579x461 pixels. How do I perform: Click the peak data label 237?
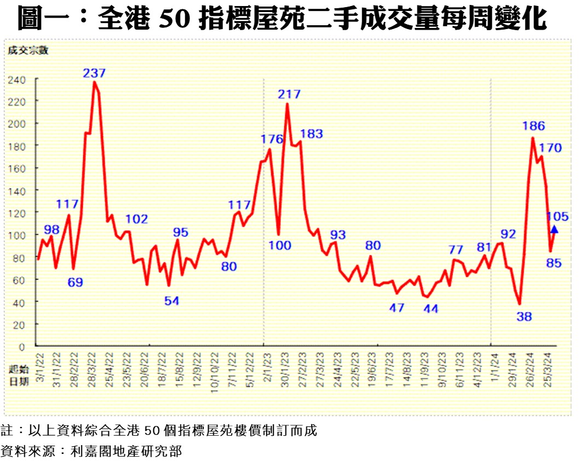click(x=95, y=73)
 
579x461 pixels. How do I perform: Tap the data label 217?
click(x=289, y=94)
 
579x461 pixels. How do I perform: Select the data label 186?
click(x=534, y=126)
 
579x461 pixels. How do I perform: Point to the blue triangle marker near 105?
click(x=554, y=229)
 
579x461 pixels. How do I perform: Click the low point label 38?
click(x=524, y=316)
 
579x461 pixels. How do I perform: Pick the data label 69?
click(x=75, y=283)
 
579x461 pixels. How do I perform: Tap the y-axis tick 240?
click(x=17, y=79)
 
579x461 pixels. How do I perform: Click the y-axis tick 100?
click(x=17, y=235)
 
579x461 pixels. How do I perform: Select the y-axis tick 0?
click(x=22, y=347)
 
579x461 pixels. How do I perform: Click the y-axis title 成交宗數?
click(x=28, y=51)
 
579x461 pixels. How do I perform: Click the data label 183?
click(x=312, y=134)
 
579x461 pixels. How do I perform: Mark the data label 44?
click(x=431, y=309)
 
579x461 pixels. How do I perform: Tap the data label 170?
click(x=550, y=148)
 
